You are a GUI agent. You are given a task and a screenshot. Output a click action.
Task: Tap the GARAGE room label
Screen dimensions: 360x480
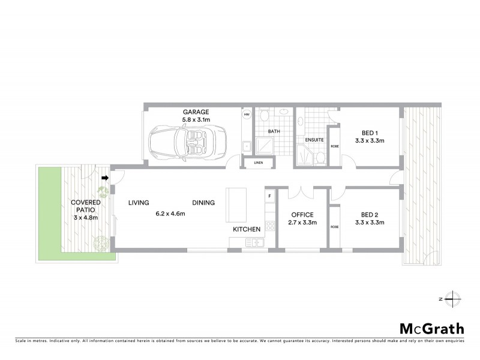point(195,112)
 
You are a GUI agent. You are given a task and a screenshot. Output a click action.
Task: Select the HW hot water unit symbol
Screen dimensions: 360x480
point(246,114)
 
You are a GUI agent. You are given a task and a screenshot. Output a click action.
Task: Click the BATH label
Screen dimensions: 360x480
point(274,131)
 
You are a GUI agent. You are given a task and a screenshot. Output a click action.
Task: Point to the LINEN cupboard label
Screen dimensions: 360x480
point(259,162)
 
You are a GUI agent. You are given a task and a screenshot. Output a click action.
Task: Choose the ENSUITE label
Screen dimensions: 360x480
point(314,140)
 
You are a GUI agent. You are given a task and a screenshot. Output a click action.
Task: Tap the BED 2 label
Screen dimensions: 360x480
point(369,214)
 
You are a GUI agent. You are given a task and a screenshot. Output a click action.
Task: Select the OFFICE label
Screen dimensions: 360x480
point(302,214)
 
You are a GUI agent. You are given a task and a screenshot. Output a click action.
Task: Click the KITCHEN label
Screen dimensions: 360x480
point(247,229)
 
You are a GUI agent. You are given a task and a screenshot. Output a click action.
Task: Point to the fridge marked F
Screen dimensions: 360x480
point(270,196)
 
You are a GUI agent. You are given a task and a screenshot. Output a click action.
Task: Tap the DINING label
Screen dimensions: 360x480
point(203,203)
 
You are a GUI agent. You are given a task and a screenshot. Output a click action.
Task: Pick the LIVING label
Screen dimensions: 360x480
point(138,203)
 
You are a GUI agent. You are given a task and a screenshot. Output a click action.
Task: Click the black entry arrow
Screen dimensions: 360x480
point(106,178)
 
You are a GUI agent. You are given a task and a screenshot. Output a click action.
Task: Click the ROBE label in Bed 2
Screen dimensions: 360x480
point(334,227)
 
